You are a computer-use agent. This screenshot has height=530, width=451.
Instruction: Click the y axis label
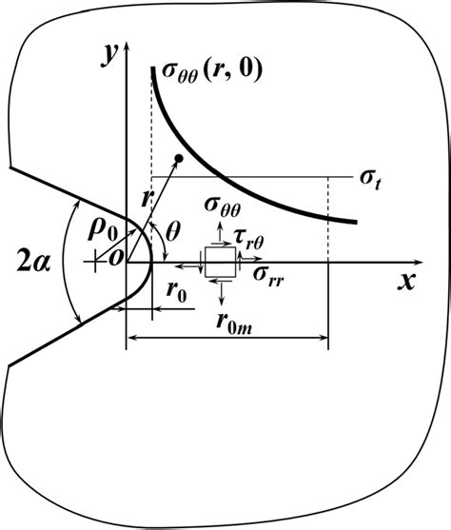(x=110, y=56)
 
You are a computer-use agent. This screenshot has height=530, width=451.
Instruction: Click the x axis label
(x=406, y=281)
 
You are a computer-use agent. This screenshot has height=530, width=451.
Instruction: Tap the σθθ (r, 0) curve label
(x=212, y=71)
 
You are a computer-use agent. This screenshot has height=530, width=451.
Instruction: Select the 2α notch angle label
(x=34, y=263)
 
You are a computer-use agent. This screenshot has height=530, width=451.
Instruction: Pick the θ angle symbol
(x=172, y=232)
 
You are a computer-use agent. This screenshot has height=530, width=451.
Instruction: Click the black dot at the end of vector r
(x=179, y=158)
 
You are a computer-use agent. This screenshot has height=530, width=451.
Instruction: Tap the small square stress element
(x=220, y=262)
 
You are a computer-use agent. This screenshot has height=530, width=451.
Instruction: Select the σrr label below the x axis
(x=267, y=277)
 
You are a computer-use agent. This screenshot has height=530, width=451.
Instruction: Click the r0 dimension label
(x=176, y=292)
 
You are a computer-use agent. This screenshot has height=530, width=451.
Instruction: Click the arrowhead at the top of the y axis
(x=127, y=45)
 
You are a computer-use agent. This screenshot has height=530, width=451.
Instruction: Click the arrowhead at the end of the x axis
(x=420, y=262)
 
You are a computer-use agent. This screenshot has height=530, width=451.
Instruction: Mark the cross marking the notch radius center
(x=95, y=262)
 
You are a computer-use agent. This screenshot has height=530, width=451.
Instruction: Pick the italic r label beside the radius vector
(x=146, y=199)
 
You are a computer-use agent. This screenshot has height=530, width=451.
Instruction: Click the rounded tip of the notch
(x=152, y=262)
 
